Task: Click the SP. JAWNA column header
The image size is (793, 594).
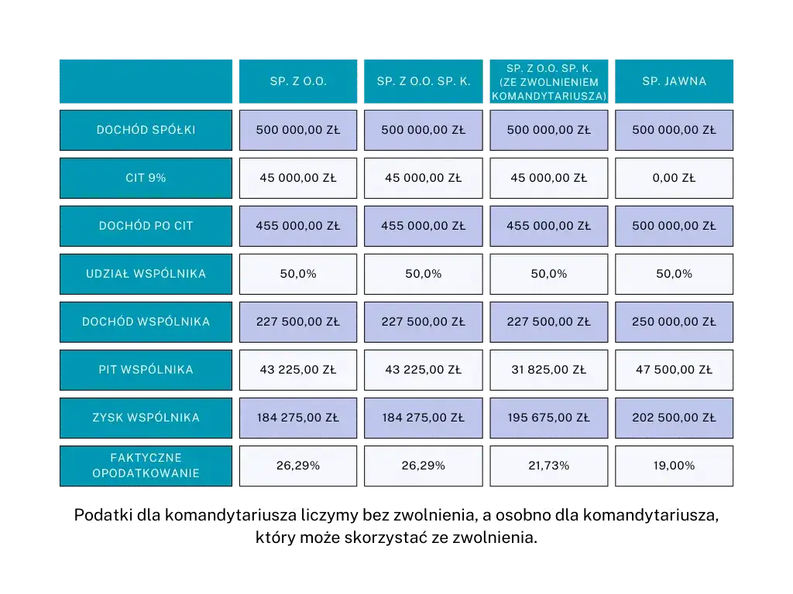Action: [x=674, y=81]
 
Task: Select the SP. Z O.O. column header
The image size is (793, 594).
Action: [x=298, y=81]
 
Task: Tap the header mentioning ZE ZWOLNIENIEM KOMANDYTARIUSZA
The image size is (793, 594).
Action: [x=549, y=81]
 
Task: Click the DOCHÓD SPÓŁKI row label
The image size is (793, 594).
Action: [x=146, y=130]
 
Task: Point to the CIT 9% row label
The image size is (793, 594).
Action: [x=146, y=178]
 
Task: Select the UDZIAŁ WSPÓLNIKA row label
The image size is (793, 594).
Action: [x=146, y=274]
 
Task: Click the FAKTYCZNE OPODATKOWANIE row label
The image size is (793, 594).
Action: [x=146, y=466]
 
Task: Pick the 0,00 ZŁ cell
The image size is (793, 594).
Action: [x=674, y=178]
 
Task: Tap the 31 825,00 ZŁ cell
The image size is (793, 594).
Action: [x=549, y=370]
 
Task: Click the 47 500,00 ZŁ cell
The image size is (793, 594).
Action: [x=674, y=370]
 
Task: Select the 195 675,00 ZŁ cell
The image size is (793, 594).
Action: [x=549, y=418]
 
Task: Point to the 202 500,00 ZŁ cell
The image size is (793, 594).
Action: [x=674, y=418]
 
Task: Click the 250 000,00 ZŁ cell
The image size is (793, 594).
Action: [x=674, y=322]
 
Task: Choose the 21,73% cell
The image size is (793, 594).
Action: [x=549, y=466]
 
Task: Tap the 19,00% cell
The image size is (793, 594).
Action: [x=674, y=466]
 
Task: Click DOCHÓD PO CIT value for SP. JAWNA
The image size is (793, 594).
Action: [x=674, y=226]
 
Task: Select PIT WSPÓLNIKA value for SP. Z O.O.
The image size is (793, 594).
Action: [x=298, y=370]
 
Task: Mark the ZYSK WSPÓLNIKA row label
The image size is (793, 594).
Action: [x=146, y=418]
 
